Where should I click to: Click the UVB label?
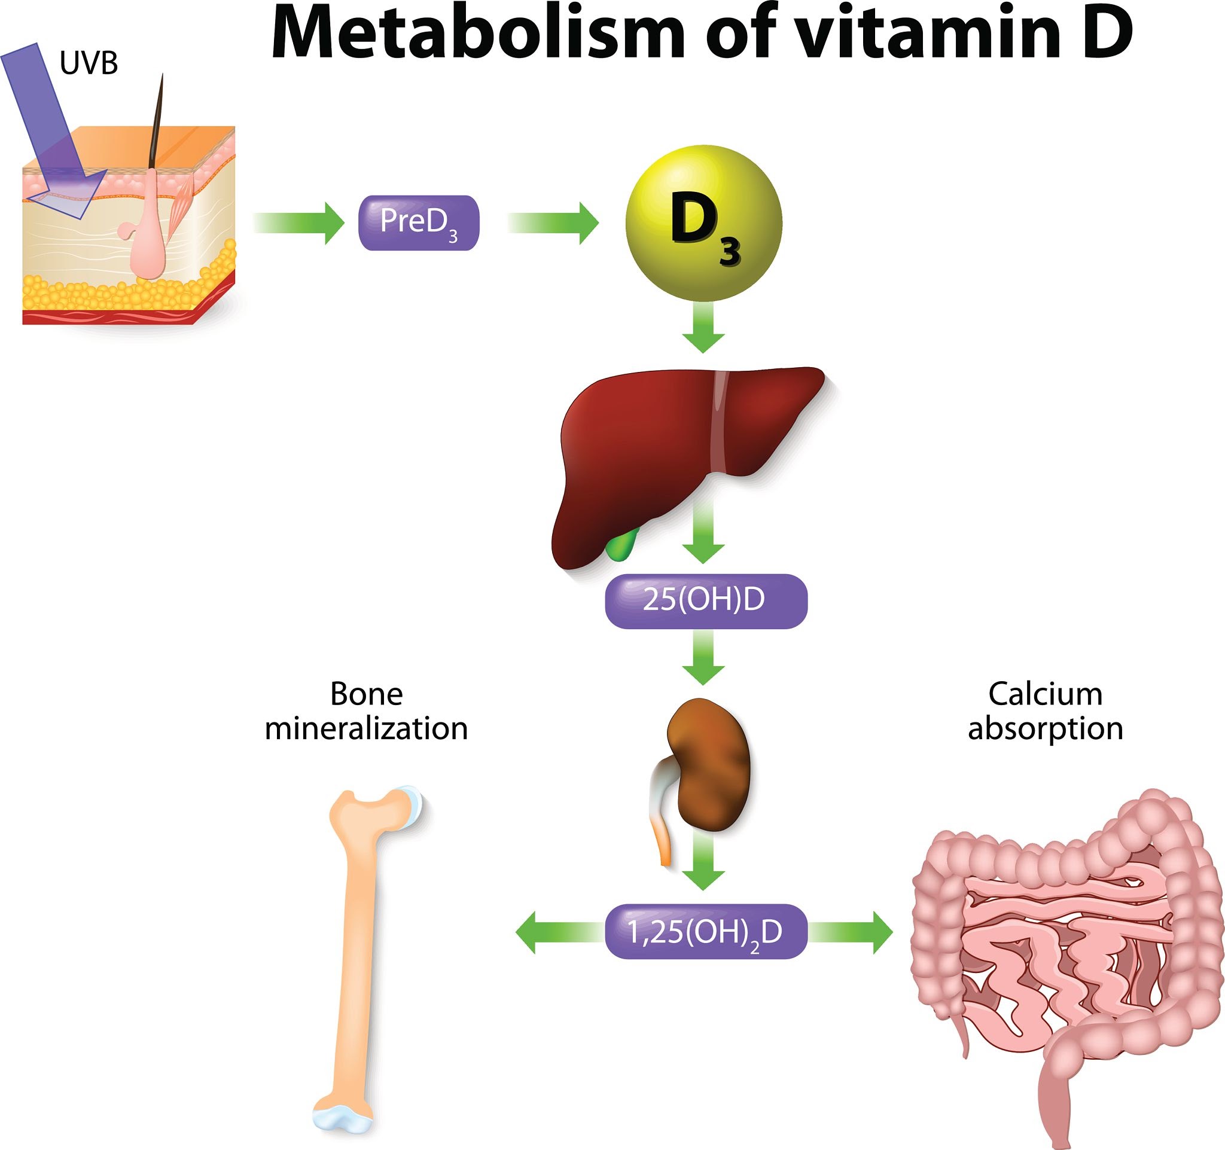89,63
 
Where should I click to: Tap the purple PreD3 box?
418,222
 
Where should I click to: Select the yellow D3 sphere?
703,223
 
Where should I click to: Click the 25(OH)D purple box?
705,600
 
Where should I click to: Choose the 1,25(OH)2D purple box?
705,932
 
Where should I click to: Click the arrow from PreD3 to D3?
554,222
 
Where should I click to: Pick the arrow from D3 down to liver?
703,328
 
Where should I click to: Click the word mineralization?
366,728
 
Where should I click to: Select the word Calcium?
1045,694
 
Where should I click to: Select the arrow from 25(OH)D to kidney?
703,658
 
